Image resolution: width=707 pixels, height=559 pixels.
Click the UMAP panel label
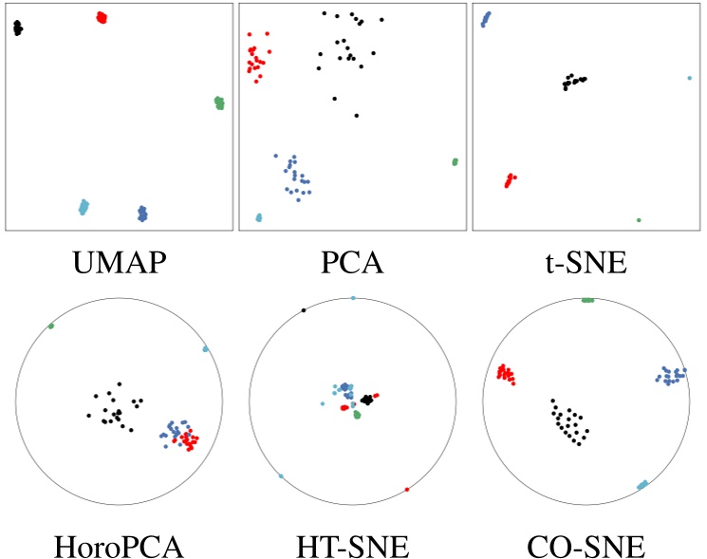(x=120, y=260)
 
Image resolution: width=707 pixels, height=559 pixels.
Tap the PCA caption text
(x=353, y=260)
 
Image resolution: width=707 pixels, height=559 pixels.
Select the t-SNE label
(x=587, y=260)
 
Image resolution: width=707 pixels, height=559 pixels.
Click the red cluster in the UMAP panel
(x=102, y=17)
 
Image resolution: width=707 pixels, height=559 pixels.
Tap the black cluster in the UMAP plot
(x=17, y=28)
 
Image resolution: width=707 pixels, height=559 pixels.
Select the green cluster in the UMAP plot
(x=219, y=102)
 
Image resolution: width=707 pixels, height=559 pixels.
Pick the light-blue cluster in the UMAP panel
(x=84, y=206)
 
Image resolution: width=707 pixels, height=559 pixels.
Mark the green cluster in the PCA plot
(x=455, y=162)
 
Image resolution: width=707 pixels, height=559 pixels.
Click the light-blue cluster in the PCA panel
(x=259, y=217)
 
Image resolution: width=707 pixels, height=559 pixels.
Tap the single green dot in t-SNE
(x=639, y=220)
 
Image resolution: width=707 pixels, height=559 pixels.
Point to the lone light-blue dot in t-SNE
(x=689, y=78)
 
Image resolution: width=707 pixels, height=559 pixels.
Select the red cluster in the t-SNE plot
(x=510, y=179)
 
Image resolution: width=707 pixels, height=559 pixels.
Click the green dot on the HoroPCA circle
(x=51, y=326)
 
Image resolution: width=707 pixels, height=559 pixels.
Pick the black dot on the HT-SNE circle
(x=304, y=309)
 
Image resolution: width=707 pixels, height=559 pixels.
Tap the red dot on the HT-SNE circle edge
(x=407, y=489)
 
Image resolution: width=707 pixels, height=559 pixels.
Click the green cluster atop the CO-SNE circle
(x=587, y=300)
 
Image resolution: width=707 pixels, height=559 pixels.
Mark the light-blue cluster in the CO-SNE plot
(x=642, y=485)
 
